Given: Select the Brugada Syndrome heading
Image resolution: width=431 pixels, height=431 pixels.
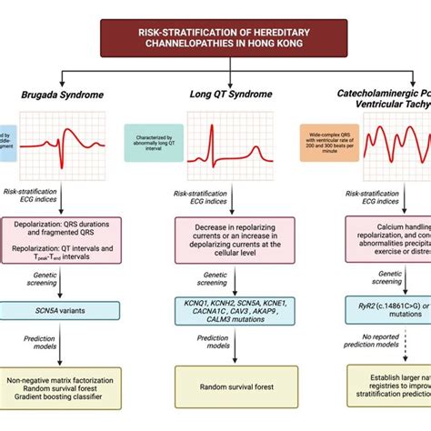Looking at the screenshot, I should (61, 95).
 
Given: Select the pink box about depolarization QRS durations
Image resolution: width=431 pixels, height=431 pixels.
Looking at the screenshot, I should (67, 239).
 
